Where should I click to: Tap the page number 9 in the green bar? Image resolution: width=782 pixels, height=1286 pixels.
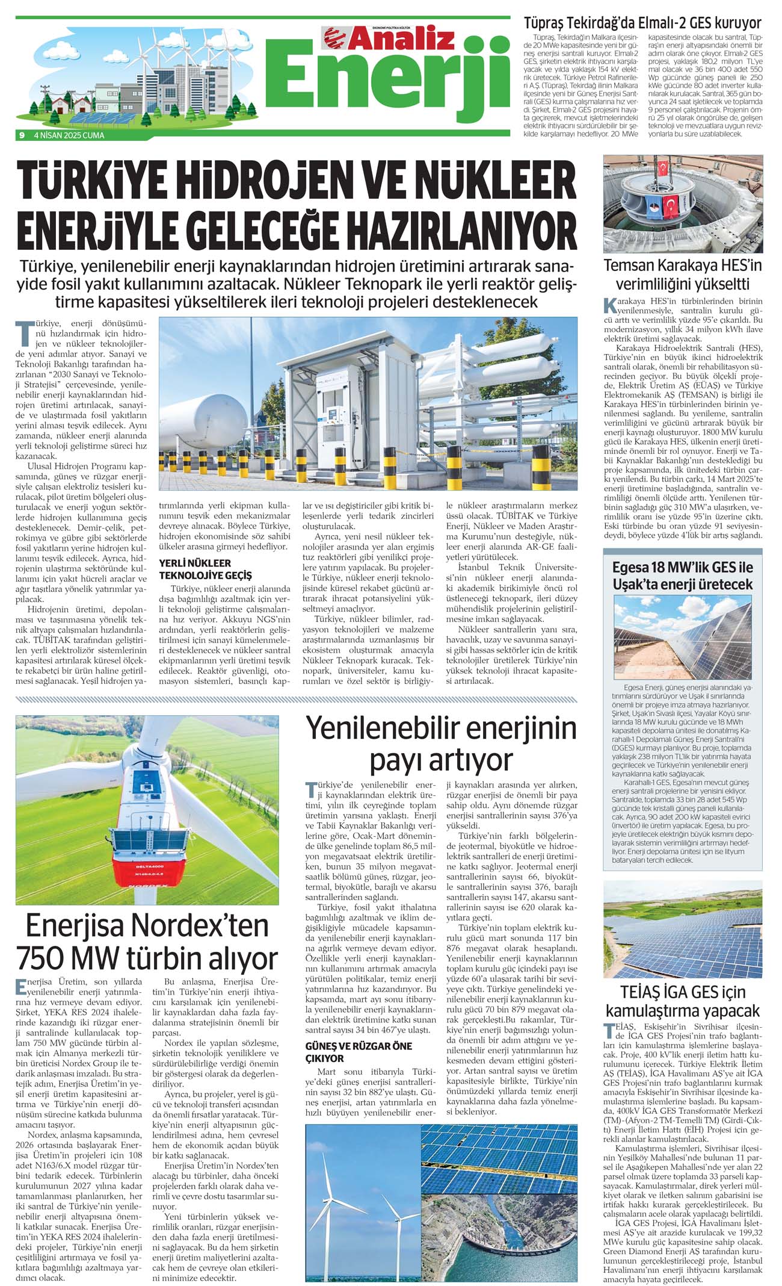coord(22,135)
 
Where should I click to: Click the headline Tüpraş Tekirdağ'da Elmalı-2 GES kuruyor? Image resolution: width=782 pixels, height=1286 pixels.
coord(642,23)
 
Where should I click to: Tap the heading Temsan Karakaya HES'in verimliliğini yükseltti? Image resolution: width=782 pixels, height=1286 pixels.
coord(683,275)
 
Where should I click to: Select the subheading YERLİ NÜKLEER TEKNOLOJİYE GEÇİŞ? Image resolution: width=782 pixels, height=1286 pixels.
coord(205,569)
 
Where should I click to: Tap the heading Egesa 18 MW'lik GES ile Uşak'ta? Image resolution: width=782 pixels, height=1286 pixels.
coord(683,576)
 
